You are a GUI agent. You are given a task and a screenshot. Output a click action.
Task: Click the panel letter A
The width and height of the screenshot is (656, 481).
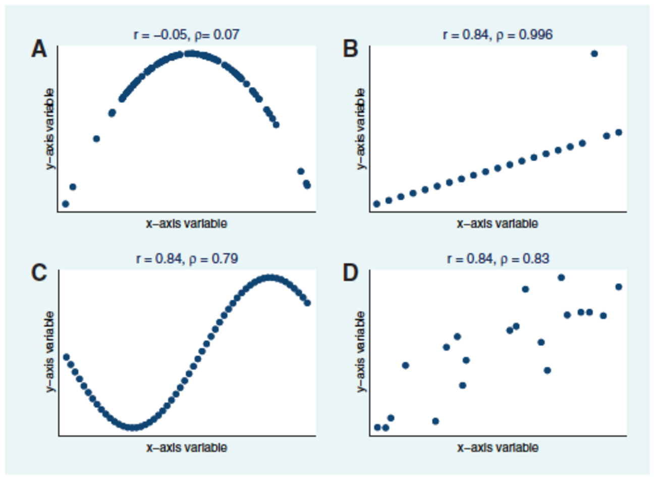click(x=39, y=50)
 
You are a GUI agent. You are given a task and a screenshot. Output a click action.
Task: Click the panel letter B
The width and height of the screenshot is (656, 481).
click(x=350, y=50)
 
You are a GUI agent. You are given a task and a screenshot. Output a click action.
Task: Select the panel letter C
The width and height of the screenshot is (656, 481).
click(x=39, y=273)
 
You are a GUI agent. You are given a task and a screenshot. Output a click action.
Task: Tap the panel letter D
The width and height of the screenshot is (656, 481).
click(x=350, y=273)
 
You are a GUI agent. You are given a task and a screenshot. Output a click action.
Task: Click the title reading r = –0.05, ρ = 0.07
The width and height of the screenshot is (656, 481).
click(x=186, y=35)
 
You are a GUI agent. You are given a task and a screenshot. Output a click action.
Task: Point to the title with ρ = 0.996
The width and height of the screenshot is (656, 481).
click(x=498, y=35)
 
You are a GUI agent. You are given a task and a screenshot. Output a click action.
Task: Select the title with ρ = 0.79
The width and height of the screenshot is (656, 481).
click(x=187, y=259)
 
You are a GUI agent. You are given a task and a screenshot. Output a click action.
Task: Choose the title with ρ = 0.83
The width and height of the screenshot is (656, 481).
click(x=498, y=259)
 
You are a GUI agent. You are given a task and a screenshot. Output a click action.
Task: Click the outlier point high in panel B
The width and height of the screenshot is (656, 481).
click(x=594, y=54)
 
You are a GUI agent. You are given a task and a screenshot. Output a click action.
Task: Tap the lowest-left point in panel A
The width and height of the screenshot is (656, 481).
click(x=65, y=204)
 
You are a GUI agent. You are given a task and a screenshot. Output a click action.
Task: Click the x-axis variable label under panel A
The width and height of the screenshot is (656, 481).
click(x=186, y=223)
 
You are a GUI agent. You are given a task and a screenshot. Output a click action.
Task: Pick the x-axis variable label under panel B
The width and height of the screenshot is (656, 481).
click(x=498, y=223)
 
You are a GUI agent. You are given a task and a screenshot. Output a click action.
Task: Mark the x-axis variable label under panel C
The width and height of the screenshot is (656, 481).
click(x=186, y=447)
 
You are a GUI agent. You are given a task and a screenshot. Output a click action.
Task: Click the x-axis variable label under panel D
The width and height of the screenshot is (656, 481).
click(x=498, y=447)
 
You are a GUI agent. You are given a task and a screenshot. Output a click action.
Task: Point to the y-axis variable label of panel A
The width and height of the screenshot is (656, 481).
click(x=50, y=129)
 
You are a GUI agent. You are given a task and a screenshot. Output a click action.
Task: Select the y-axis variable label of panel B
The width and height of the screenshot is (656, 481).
click(x=360, y=129)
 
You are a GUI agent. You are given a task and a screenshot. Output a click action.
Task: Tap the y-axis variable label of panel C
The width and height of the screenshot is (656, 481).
click(x=50, y=352)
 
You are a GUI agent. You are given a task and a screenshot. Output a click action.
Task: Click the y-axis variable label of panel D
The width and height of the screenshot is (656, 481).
click(x=360, y=352)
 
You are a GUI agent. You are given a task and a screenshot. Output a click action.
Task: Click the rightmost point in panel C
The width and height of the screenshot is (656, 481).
click(x=307, y=303)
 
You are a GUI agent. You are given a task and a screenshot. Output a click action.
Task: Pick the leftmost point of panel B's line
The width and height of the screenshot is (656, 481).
click(x=376, y=204)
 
